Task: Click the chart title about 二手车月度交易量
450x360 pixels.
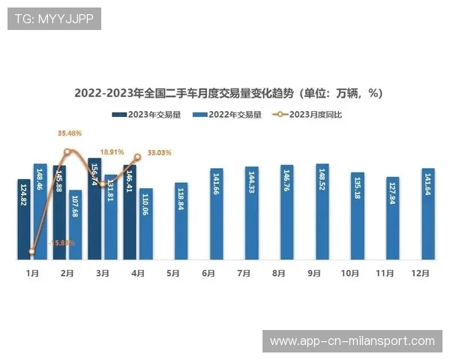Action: tap(228, 94)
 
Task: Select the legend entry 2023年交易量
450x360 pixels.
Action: tap(147, 115)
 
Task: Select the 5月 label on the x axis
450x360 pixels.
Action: tap(173, 274)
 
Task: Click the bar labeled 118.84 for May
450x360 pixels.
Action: tap(181, 222)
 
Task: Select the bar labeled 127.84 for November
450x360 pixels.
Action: tap(393, 219)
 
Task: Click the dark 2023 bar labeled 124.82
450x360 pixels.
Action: tap(24, 220)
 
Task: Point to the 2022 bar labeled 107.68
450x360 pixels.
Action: tap(75, 225)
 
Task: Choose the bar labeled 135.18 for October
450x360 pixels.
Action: tap(358, 217)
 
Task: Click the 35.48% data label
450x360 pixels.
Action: tap(70, 133)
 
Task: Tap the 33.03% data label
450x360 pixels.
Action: tap(160, 152)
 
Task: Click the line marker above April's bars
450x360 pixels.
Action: tap(137, 157)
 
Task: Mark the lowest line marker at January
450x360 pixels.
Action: tap(31, 252)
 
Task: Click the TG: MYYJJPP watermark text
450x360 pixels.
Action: tap(53, 19)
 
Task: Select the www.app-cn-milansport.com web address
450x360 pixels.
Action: tap(352, 341)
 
